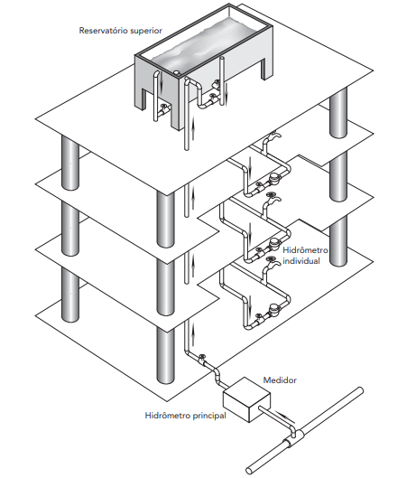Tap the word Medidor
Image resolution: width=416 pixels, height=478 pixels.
click(x=280, y=380)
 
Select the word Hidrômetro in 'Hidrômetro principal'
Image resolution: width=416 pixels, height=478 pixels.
click(x=164, y=416)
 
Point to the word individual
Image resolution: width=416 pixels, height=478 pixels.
click(x=301, y=261)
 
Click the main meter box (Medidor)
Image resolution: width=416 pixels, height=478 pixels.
click(x=246, y=399)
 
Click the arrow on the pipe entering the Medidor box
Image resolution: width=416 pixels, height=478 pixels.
click(x=285, y=417)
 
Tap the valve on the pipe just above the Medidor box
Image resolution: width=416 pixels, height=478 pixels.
click(x=202, y=359)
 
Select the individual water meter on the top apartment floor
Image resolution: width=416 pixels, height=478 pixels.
click(x=275, y=177)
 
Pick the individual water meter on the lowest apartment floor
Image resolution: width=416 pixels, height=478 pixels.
click(x=274, y=308)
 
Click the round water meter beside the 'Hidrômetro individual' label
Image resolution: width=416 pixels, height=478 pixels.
click(x=275, y=243)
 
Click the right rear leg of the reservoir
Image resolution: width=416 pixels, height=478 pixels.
click(x=265, y=69)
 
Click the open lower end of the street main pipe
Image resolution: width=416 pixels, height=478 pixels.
click(x=250, y=470)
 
